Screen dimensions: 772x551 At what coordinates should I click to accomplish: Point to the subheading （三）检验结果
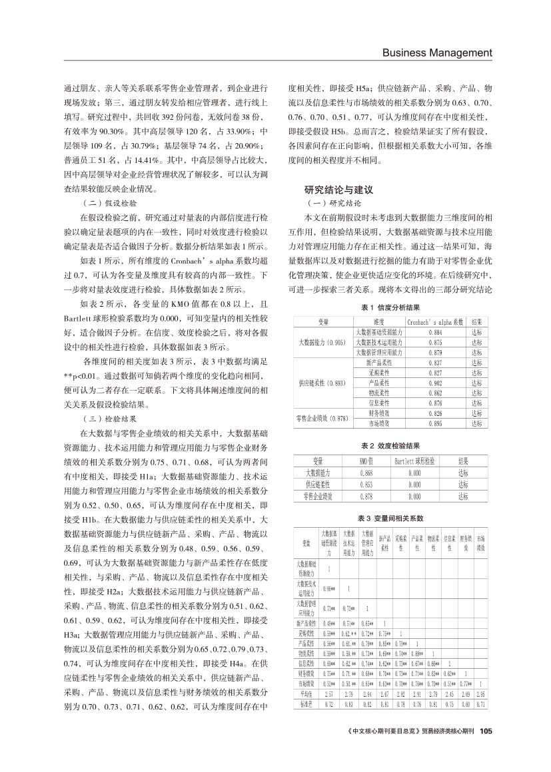[109, 419]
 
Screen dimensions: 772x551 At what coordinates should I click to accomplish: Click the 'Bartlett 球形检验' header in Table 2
[414, 460]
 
